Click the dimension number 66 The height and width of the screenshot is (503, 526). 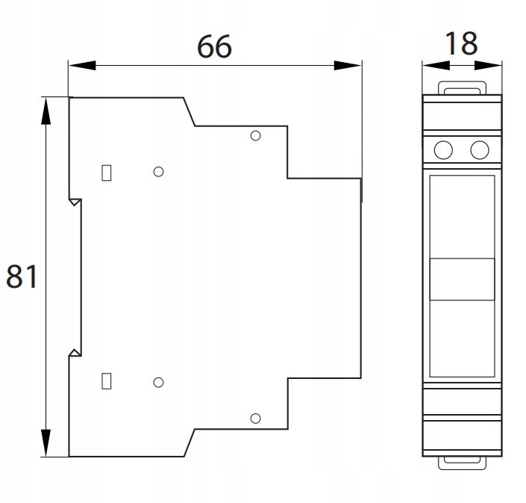click(214, 46)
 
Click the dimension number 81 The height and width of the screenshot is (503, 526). click(22, 277)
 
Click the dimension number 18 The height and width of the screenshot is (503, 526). click(461, 43)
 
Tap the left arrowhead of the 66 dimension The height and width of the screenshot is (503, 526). click(82, 66)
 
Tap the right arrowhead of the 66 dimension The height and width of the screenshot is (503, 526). click(348, 66)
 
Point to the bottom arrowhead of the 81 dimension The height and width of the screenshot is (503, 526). click(46, 443)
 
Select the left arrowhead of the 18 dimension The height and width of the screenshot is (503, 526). click(436, 66)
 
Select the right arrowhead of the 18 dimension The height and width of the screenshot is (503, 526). click(488, 66)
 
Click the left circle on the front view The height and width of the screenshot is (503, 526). click(443, 150)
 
